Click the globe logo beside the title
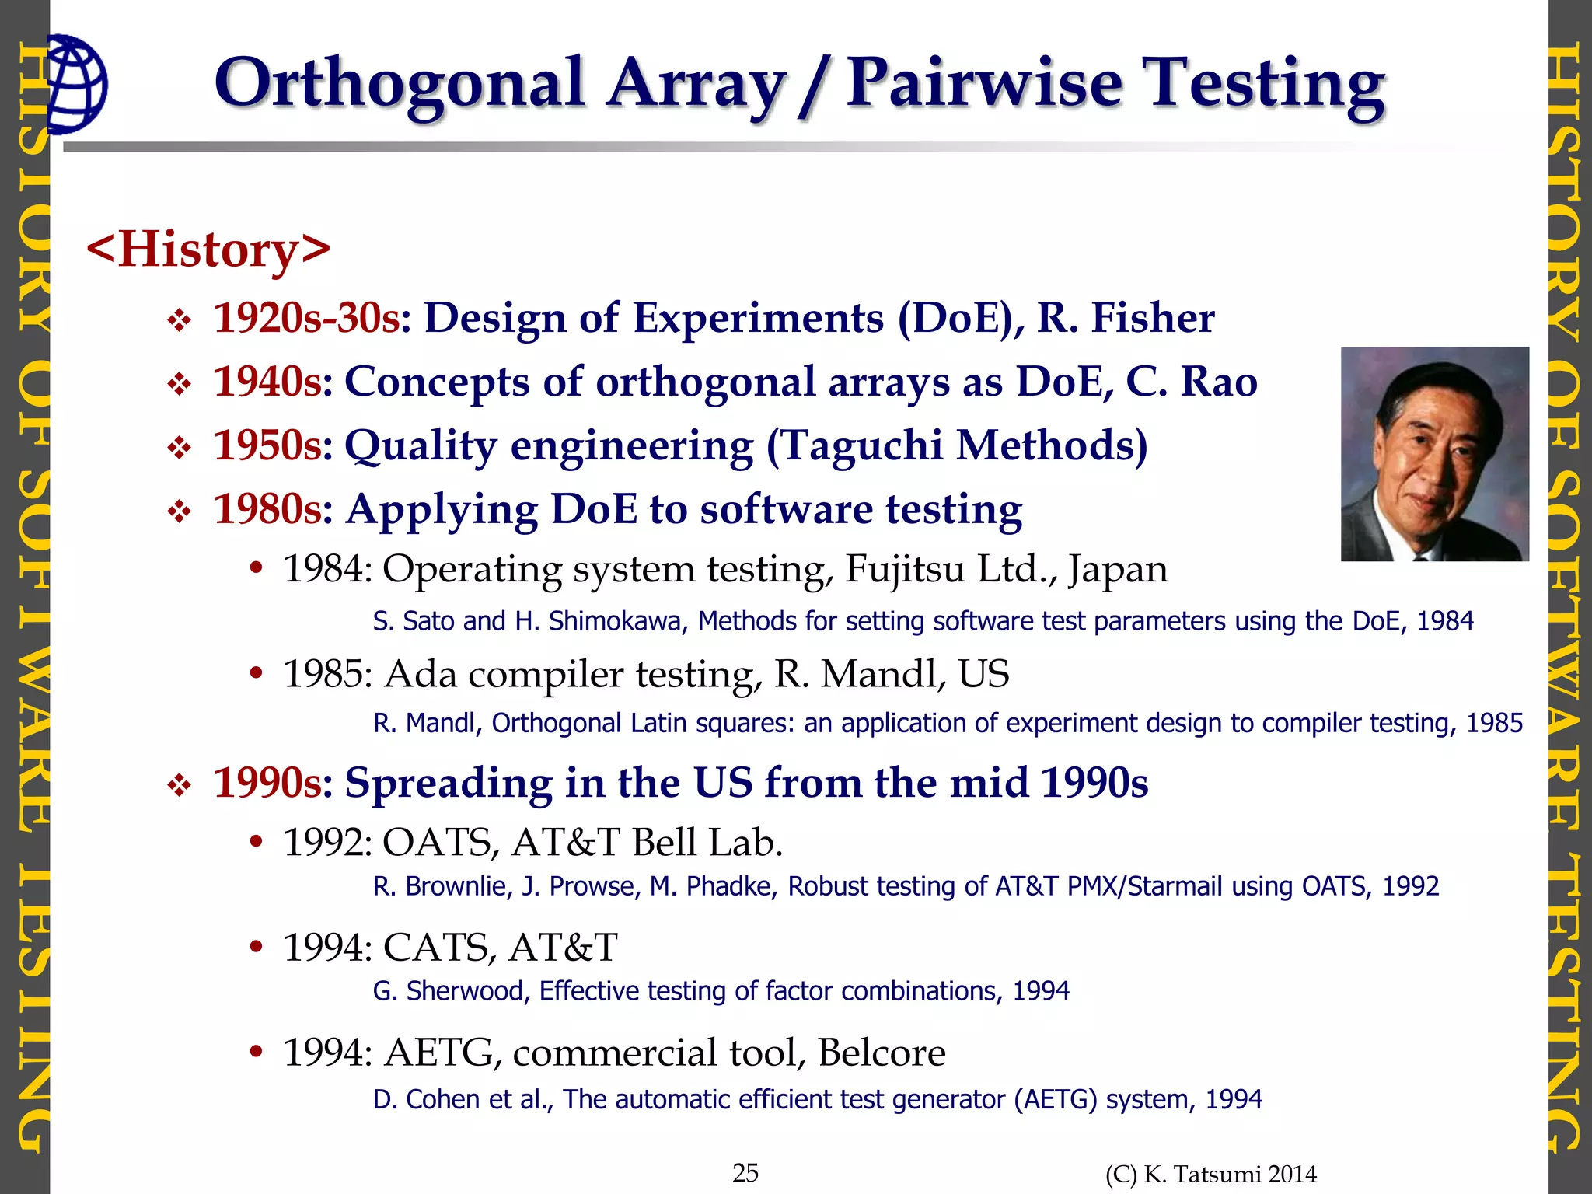point(76,83)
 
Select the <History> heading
point(208,249)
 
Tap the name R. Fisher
point(1126,318)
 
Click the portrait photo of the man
point(1434,453)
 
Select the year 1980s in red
point(267,509)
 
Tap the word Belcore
point(881,1053)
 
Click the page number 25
point(745,1172)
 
